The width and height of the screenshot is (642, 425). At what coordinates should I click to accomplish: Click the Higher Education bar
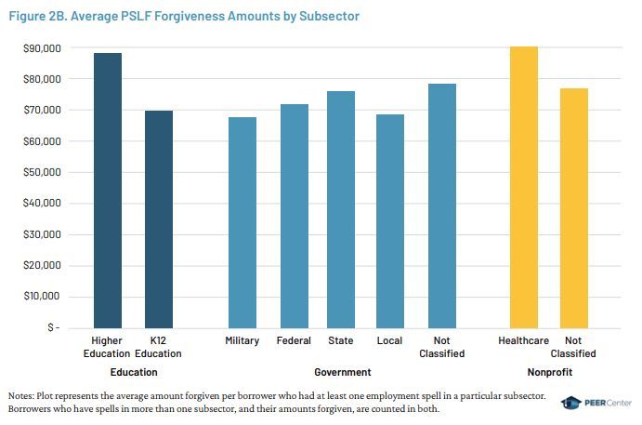point(107,191)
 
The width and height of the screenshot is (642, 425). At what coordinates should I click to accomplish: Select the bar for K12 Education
point(158,219)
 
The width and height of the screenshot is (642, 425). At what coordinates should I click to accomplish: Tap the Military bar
point(242,222)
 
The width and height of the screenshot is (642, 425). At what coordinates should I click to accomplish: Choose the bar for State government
point(340,209)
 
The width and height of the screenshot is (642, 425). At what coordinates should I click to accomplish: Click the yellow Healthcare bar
point(524,187)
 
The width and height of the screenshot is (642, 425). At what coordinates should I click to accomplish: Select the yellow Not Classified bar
point(573,208)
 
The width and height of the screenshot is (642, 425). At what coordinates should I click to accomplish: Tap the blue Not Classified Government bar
point(441,206)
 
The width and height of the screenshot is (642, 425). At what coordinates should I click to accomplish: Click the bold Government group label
point(342,372)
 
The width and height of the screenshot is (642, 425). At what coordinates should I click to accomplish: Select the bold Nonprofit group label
point(548,372)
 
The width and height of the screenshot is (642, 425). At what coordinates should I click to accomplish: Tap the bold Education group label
point(133,372)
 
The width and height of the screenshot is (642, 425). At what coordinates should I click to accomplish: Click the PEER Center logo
point(595,402)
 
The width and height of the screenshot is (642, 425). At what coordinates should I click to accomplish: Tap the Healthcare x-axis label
point(524,341)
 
